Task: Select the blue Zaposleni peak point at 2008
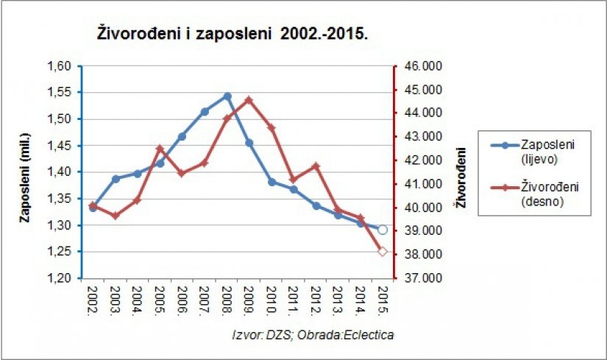[x=227, y=96]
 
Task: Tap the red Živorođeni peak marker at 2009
[x=249, y=100]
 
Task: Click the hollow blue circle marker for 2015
[x=382, y=230]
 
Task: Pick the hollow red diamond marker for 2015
[x=382, y=252]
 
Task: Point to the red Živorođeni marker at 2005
[x=160, y=149]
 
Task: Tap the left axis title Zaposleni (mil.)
[x=25, y=172]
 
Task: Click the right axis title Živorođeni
[x=461, y=177]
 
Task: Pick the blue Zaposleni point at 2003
[x=116, y=179]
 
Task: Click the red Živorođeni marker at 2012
[x=316, y=166]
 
